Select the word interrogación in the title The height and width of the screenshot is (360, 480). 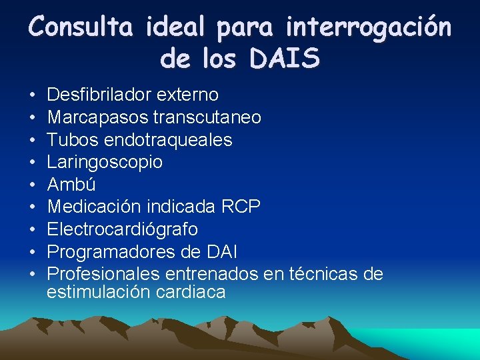(368, 27)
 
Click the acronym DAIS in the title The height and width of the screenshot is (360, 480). (286, 59)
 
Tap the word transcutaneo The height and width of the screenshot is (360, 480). (207, 117)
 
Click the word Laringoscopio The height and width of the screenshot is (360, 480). (105, 162)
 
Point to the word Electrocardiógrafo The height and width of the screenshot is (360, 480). (123, 229)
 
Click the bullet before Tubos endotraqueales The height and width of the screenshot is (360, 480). (31, 140)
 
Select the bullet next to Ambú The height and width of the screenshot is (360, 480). (31, 185)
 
